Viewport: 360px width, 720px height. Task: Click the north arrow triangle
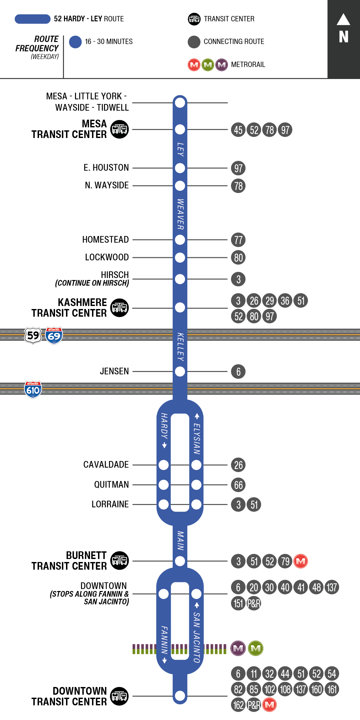point(343,20)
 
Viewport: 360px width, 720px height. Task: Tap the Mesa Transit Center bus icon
point(119,129)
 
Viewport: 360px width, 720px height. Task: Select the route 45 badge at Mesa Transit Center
point(238,130)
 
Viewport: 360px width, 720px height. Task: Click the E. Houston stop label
point(106,168)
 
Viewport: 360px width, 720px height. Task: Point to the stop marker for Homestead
point(180,240)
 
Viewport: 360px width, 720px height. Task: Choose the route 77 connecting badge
point(238,240)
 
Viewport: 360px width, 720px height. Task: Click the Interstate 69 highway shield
point(54,335)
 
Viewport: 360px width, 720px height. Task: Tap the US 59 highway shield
point(33,335)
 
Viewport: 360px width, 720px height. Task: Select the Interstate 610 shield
point(33,389)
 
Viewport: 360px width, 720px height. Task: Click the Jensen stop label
point(114,371)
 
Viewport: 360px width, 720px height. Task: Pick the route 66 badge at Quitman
point(238,485)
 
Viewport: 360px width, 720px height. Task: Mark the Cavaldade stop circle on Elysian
point(196,465)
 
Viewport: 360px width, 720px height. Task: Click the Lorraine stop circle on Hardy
point(164,505)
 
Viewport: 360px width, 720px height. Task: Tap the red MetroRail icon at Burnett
point(301,561)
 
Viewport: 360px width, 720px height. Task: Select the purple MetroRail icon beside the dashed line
point(238,648)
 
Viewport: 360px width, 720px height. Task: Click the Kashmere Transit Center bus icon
point(119,308)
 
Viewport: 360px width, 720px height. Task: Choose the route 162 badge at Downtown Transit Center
point(238,705)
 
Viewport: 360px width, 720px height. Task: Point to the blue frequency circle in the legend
point(75,42)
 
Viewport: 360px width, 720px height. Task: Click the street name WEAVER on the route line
point(180,214)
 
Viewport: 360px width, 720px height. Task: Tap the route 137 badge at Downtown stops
point(332,587)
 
